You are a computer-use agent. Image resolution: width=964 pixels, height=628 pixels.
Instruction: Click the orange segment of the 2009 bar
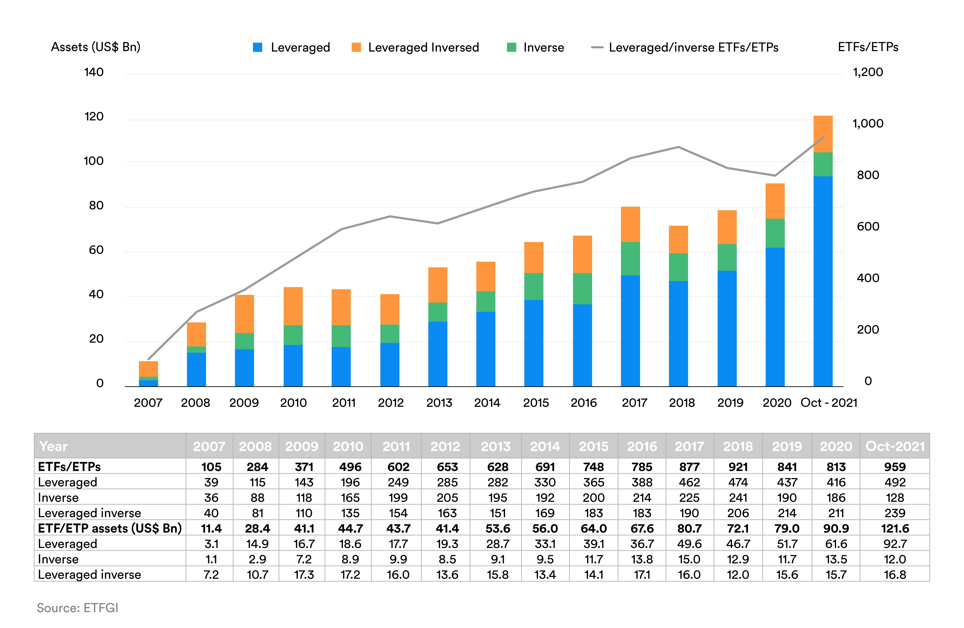tap(244, 314)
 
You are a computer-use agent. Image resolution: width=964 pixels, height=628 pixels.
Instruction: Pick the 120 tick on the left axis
tap(94, 117)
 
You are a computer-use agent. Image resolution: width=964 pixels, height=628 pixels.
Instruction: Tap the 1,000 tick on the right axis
tap(868, 123)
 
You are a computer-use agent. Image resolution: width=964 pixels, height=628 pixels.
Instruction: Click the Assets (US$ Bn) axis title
tap(96, 47)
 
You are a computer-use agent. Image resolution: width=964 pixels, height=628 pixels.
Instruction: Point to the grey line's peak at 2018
tap(678, 147)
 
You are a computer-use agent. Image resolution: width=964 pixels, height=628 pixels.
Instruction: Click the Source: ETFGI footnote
tap(77, 608)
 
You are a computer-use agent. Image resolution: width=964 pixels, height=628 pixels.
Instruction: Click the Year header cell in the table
tap(53, 446)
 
